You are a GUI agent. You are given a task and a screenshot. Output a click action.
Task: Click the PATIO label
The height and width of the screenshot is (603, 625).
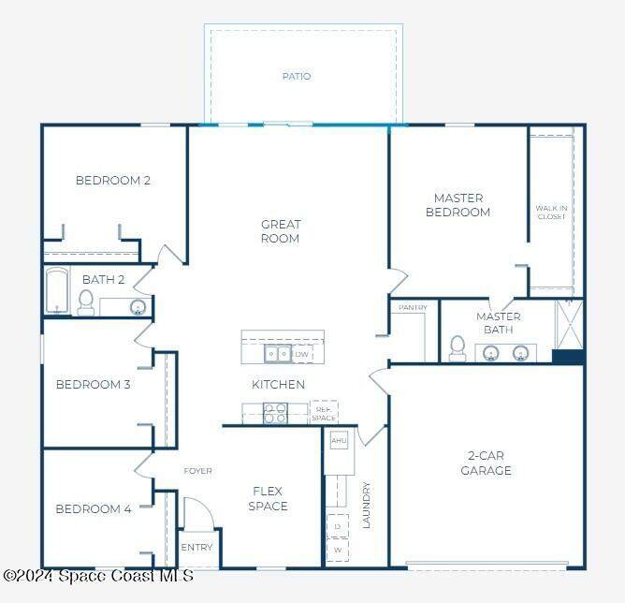coord(297,76)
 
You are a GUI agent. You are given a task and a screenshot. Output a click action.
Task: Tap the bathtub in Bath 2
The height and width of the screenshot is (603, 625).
coord(57,290)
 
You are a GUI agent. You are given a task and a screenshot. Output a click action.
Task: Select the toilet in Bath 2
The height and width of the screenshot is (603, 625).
coord(86,303)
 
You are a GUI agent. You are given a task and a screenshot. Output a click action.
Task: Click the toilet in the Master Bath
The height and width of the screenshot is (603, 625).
coord(458,348)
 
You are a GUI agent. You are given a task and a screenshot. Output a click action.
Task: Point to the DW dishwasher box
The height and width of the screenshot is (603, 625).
coord(301,354)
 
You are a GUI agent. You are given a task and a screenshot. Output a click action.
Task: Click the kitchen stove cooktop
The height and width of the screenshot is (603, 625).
coord(275,413)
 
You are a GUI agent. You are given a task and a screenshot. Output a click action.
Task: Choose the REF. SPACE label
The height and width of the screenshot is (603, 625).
coord(324,414)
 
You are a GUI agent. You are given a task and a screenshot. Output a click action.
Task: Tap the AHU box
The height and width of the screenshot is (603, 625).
coord(339,440)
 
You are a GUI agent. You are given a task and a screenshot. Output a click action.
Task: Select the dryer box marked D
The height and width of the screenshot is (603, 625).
coord(337,526)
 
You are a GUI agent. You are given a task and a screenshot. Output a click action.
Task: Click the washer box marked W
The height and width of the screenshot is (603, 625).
coord(337,550)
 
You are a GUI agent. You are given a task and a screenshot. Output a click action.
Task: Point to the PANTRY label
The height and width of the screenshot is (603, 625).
coord(413,307)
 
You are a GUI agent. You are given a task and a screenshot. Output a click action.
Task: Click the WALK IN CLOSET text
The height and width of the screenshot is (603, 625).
coord(551,213)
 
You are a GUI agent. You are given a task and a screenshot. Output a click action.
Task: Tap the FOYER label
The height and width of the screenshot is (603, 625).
coord(197,471)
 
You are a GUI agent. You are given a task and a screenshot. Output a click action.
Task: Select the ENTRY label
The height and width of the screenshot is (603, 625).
coord(196,547)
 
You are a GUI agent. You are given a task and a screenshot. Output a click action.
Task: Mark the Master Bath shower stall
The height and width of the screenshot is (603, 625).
coord(570,325)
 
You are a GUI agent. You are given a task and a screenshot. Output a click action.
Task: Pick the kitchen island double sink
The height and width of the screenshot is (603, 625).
coord(278,353)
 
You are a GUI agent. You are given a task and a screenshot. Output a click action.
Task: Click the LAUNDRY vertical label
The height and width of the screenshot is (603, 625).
coord(366,506)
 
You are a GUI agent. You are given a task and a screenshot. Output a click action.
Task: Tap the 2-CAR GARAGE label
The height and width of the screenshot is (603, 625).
coord(486,463)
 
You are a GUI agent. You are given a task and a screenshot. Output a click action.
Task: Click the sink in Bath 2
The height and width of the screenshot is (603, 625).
coord(138,307)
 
